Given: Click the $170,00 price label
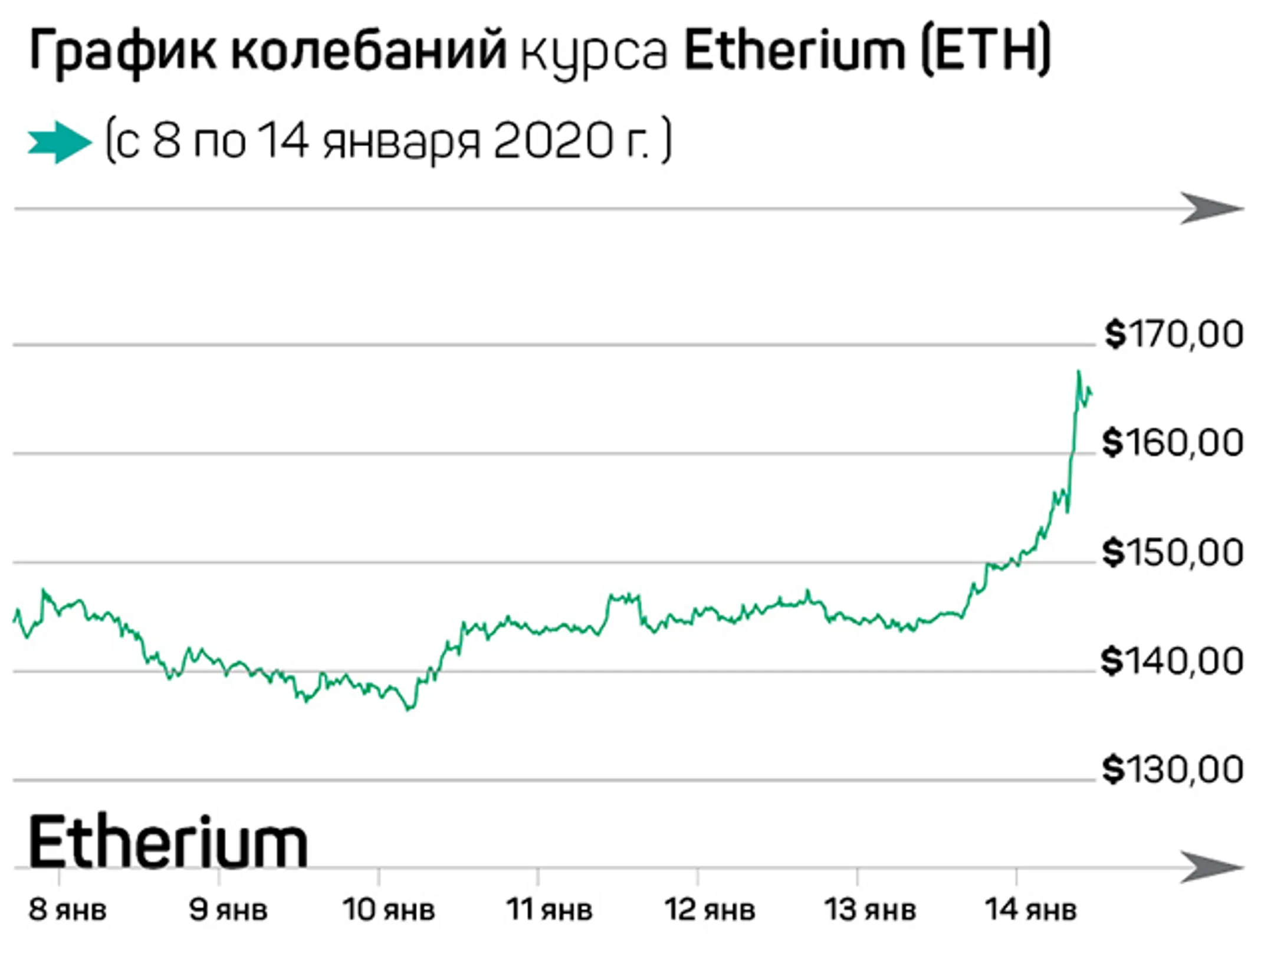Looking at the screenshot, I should [1174, 334].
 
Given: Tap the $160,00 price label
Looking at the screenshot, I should [1173, 443].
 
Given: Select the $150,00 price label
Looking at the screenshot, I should [1173, 552].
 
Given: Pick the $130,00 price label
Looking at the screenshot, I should [1173, 769].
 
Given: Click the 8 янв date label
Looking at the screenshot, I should [67, 910].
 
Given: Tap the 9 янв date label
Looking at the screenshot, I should [228, 910].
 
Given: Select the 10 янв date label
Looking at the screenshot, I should [389, 910].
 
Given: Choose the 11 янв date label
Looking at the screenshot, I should [549, 910].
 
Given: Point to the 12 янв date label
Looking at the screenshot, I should [710, 910].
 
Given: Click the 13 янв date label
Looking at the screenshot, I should [870, 910].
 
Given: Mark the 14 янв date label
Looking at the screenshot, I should [1030, 910].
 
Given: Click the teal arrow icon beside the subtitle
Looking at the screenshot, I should [60, 142].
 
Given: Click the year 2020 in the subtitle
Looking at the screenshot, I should [552, 142].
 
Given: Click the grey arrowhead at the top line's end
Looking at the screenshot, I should [1212, 208].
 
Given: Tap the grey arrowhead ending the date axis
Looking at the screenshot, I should [1212, 867].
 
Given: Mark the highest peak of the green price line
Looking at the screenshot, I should [1078, 371].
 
